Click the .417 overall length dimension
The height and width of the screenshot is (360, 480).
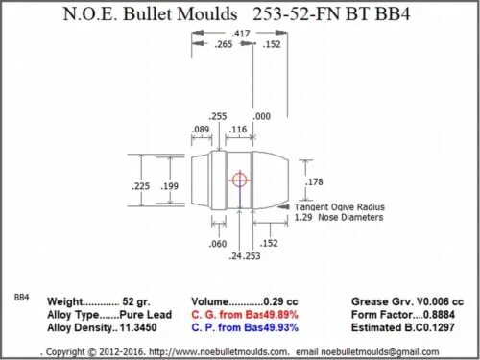pos(241,34)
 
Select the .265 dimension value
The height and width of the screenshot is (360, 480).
pos(224,44)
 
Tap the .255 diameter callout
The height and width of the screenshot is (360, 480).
pos(218,116)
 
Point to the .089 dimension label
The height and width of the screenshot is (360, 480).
pos(201,130)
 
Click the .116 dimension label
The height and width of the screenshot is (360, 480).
pos(238,130)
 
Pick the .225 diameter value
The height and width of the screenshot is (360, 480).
pos(140,186)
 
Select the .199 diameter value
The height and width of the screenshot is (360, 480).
pos(169,186)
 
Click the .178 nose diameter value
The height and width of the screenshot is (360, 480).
pos(314,182)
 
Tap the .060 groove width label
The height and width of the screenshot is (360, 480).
pos(218,244)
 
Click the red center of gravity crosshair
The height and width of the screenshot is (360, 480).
pos(239,180)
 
